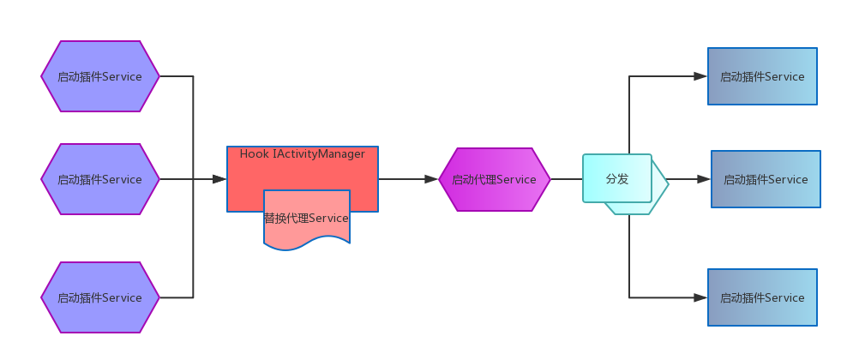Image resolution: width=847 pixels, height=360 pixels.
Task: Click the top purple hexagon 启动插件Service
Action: pos(100,76)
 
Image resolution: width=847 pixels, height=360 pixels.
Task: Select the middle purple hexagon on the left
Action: pos(100,179)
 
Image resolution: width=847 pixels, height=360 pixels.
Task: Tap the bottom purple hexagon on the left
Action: pos(100,297)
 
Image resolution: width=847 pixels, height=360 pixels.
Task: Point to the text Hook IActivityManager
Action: pos(302,154)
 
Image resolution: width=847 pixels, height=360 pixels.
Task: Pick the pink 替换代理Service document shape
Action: pos(307,219)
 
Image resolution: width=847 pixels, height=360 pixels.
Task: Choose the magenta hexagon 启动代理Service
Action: pos(494,179)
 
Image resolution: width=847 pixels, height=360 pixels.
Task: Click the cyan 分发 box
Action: pos(617,178)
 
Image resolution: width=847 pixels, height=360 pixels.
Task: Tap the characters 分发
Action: pos(617,179)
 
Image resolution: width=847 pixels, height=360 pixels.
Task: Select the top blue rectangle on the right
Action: pos(762,76)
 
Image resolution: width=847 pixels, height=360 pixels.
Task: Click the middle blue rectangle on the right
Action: pos(766,179)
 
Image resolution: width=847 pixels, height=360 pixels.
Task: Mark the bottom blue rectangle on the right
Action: pos(762,297)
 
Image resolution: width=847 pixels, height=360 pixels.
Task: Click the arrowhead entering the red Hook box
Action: pos(220,179)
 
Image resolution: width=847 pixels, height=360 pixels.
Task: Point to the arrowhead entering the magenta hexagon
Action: pos(431,179)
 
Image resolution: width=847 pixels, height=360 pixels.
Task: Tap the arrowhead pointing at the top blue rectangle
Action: pos(700,76)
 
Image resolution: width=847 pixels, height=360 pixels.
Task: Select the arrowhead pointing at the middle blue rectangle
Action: pos(704,179)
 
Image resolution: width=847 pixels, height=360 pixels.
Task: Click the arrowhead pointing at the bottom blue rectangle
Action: pos(700,297)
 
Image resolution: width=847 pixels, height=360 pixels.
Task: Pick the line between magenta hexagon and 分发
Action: pos(567,179)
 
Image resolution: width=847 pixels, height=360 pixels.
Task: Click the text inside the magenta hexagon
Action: pos(494,179)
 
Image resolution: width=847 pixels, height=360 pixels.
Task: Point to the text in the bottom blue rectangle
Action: pos(762,298)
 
